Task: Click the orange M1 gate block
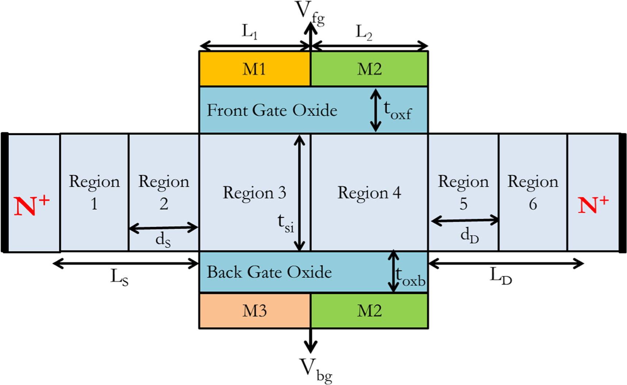(255, 69)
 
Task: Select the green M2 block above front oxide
(369, 69)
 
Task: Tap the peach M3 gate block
(255, 311)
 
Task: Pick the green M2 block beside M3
(369, 311)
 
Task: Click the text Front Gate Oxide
(272, 110)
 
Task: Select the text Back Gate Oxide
(269, 272)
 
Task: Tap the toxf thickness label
(397, 110)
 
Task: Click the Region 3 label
(255, 193)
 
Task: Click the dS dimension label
(163, 240)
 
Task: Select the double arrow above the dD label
(464, 220)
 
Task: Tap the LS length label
(119, 277)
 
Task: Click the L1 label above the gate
(250, 32)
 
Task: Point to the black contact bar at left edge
(5, 193)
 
